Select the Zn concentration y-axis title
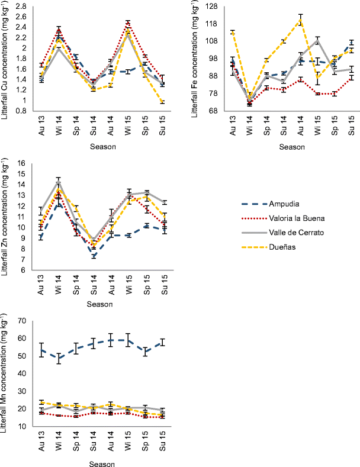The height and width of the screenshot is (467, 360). pos(6,216)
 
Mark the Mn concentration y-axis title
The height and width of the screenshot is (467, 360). pos(6,373)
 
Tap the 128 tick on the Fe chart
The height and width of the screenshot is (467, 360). pos(211,7)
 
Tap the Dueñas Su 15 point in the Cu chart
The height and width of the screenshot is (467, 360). pos(162,102)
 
